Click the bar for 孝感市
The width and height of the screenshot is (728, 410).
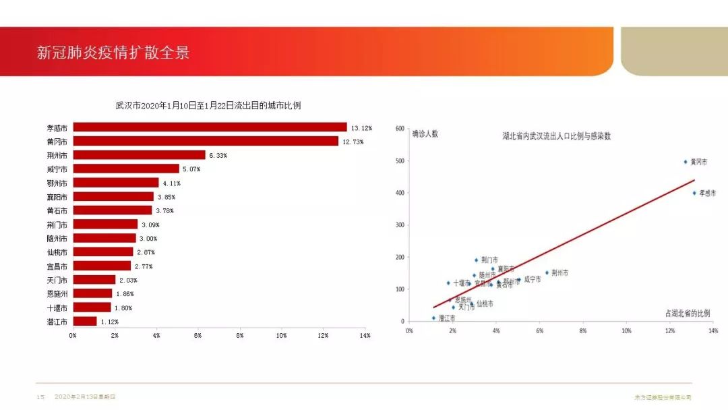pyautogui.click(x=209, y=127)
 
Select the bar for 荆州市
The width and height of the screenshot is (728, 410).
pyautogui.click(x=139, y=154)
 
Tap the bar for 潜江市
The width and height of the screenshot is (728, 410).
pyautogui.click(x=85, y=321)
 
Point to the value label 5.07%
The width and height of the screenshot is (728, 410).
pyautogui.click(x=190, y=169)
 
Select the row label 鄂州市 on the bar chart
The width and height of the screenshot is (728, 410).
pyautogui.click(x=57, y=183)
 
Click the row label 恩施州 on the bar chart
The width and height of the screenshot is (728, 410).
pyautogui.click(x=57, y=293)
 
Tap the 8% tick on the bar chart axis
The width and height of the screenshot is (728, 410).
pyautogui.click(x=240, y=335)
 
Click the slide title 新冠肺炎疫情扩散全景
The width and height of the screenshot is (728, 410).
pyautogui.click(x=113, y=53)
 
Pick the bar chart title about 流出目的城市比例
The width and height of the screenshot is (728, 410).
pyautogui.click(x=208, y=105)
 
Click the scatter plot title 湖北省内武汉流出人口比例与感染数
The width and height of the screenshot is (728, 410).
pyautogui.click(x=556, y=136)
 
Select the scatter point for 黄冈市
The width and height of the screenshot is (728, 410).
pyautogui.click(x=686, y=162)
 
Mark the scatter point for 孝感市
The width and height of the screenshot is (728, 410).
pyautogui.click(x=694, y=193)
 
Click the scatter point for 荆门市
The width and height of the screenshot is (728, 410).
pyautogui.click(x=476, y=260)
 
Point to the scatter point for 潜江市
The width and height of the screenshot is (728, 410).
pyautogui.click(x=433, y=318)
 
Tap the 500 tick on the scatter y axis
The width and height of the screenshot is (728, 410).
pyautogui.click(x=400, y=160)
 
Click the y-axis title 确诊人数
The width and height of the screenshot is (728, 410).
pyautogui.click(x=425, y=134)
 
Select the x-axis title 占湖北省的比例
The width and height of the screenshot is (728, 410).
pyautogui.click(x=687, y=314)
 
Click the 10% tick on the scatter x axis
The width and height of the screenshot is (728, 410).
pyautogui.click(x=626, y=331)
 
